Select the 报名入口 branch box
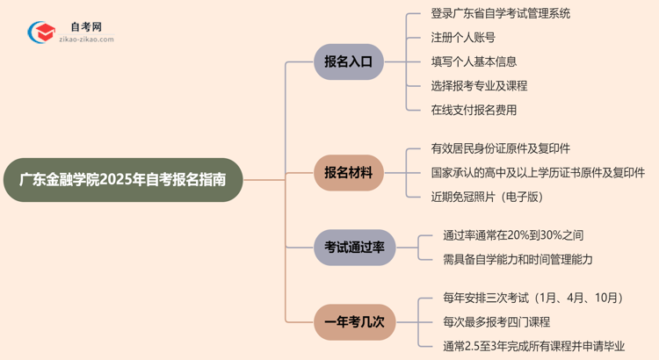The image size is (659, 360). point(348,62)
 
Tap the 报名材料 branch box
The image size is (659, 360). point(348,173)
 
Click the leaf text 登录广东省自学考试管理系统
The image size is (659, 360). point(500,13)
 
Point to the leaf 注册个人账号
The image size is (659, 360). point(462,38)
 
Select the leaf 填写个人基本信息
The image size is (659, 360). point(474,61)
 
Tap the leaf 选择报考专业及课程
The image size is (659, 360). point(479,86)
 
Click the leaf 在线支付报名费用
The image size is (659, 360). point(474,110)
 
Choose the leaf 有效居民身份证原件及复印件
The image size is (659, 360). point(500,148)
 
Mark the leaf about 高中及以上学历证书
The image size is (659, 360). point(538,173)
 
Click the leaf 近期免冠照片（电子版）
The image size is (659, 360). point(487,197)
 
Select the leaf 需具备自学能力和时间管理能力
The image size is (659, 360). point(518,259)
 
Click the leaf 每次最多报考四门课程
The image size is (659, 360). point(496,322)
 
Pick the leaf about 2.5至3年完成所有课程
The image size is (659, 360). point(537,346)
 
